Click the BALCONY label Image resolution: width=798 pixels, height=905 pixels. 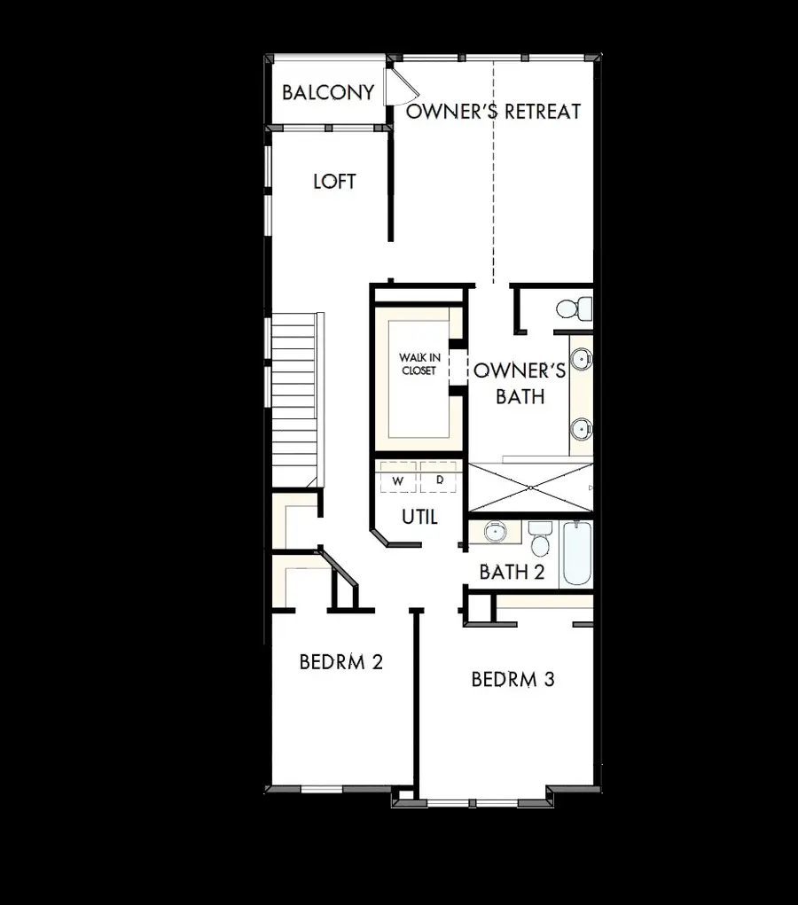point(327,92)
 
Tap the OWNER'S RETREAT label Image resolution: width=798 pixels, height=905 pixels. point(493,111)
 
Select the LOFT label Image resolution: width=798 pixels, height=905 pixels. point(334,181)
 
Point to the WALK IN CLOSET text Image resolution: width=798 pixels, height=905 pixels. point(418,364)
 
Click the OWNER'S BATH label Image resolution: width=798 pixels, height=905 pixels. point(520,383)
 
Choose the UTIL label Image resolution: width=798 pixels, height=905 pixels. point(419,517)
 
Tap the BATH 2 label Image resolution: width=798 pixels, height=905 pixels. point(512,572)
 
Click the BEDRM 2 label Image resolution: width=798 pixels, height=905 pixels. point(340,661)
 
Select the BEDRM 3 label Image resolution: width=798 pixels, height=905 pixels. point(512,679)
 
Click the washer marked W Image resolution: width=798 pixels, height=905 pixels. point(398,480)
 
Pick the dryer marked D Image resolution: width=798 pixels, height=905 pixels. point(439,480)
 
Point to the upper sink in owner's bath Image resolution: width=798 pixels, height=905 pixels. point(581,360)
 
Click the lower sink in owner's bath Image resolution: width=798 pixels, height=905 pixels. point(581,429)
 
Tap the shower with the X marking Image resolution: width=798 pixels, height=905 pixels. point(529,487)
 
